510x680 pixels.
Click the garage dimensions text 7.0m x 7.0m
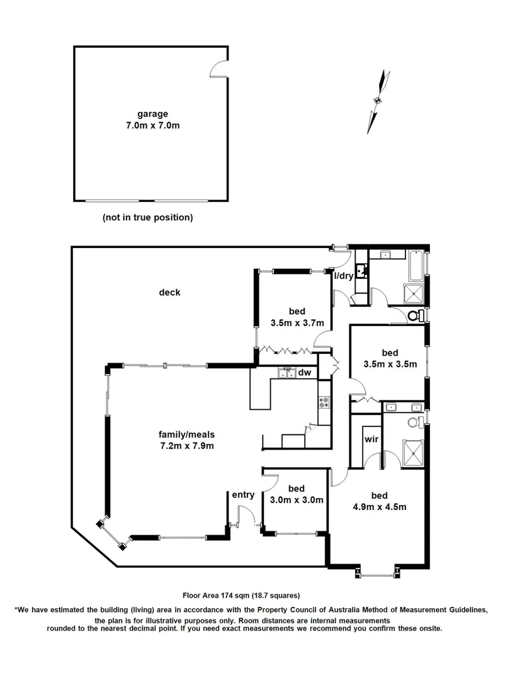pos(152,126)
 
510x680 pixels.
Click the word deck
pos(170,292)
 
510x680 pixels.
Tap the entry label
pos(243,495)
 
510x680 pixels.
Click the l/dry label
pos(344,276)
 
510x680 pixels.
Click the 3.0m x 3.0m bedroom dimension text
pos(296,501)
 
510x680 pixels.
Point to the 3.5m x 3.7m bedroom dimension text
pos(297,323)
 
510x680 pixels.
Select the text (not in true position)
pos(147,218)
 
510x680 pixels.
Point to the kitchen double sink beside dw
pos(288,373)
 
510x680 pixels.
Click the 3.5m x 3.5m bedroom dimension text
pos(390,364)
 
